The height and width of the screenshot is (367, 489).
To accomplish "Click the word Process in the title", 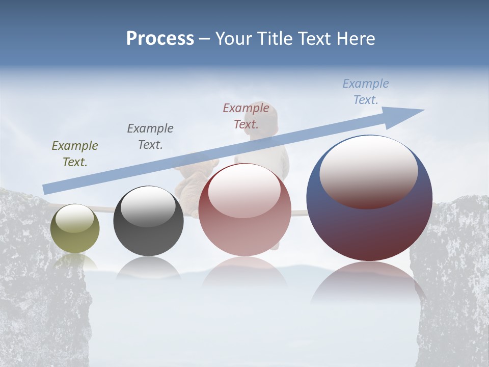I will pos(160,39).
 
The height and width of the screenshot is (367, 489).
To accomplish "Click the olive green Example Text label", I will pos(75,154).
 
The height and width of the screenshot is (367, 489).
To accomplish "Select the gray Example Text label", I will pos(150,137).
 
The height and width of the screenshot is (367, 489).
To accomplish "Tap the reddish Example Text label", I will pos(246,116).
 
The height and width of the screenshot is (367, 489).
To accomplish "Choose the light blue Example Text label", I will pos(366,92).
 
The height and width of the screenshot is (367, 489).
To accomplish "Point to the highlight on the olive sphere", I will pos(74,218).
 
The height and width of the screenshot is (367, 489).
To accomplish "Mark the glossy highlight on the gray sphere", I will pos(148,207).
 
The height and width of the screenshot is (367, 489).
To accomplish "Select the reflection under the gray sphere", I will pos(148,268).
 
